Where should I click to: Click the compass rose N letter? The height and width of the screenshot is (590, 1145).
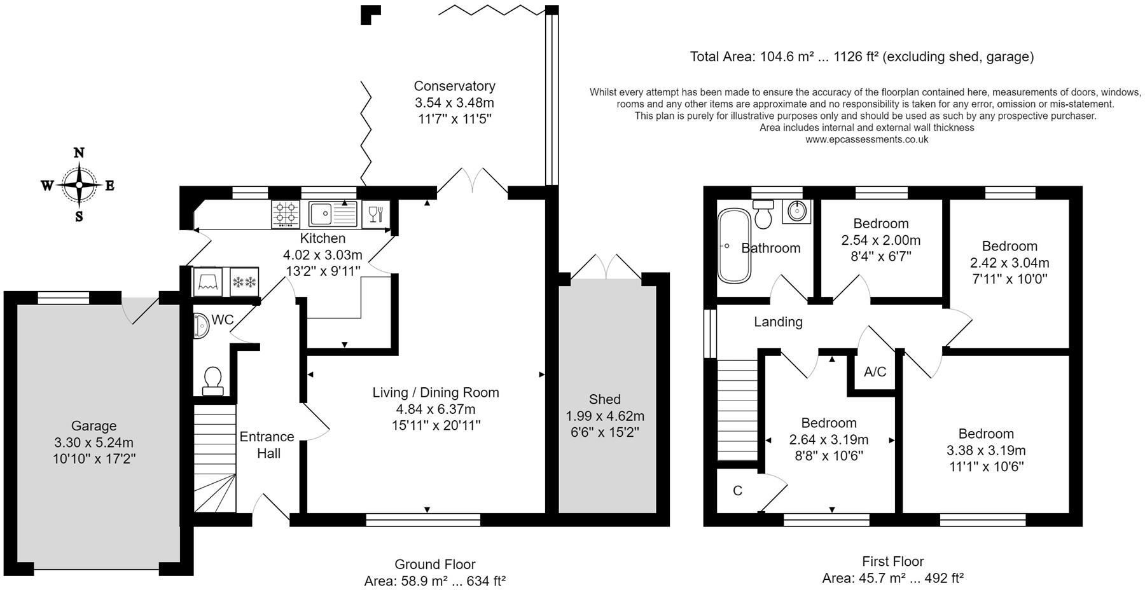point(79,153)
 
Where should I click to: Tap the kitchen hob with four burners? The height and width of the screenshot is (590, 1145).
point(286,214)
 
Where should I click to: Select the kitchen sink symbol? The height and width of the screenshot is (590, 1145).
point(333,214)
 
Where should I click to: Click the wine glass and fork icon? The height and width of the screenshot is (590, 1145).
point(375,214)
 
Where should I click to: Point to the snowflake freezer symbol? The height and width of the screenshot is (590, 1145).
point(244,282)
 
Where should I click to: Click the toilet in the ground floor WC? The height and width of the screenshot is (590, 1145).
point(212,380)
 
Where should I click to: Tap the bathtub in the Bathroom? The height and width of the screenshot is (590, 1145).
point(726,246)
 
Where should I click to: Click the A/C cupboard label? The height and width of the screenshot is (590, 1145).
point(875,372)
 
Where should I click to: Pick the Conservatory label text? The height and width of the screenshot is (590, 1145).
point(454,86)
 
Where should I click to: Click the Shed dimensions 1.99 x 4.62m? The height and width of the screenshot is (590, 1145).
point(605,416)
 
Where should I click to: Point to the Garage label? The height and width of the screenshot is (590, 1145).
point(94,426)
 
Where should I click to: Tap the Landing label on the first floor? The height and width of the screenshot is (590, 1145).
point(778,322)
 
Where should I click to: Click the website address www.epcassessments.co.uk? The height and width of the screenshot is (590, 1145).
point(866,139)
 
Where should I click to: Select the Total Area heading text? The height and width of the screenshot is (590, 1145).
point(861,57)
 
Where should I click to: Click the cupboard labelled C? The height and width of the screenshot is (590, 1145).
point(737,491)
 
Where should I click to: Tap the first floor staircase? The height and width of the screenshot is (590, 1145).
point(738,410)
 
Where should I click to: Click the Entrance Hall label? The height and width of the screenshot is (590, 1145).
point(267,445)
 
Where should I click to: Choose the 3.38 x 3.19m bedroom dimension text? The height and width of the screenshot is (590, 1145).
point(986,451)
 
